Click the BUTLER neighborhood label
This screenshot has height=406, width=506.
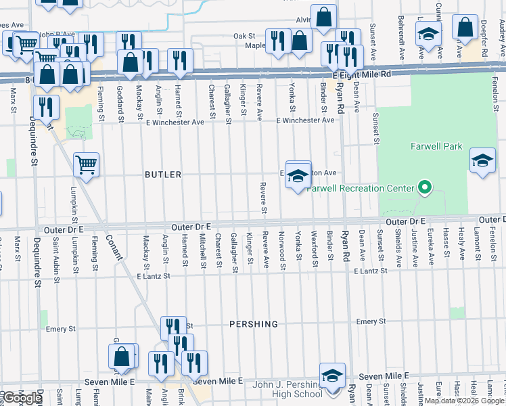163,175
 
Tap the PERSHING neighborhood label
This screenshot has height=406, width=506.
253,324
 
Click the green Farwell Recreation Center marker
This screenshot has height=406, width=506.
425,187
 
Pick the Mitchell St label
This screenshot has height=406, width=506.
202,250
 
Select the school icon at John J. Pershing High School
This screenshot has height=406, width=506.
332,376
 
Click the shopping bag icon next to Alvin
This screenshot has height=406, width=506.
324,17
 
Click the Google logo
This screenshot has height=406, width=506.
22,398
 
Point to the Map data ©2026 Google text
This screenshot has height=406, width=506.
463,401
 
